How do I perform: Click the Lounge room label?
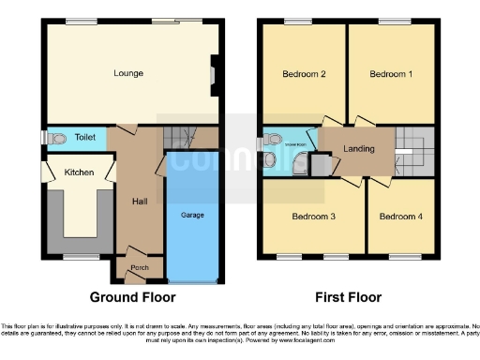point(127,72)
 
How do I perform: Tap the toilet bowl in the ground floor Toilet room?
point(59,139)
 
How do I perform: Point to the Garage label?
point(192,215)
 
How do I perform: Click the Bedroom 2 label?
point(304,73)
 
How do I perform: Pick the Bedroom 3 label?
point(313,217)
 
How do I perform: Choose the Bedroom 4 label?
point(400,217)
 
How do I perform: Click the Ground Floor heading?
point(132,297)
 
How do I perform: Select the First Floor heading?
point(348,297)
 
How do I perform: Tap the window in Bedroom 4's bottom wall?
point(404,254)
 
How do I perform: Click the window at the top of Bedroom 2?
point(299,21)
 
